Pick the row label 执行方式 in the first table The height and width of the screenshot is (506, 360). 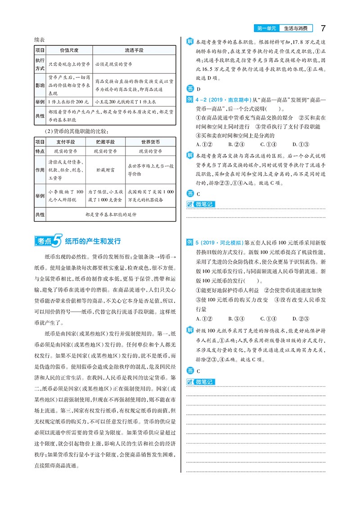40,64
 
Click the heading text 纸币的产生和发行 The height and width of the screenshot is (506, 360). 93,242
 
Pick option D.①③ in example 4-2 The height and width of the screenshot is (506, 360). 300,144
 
